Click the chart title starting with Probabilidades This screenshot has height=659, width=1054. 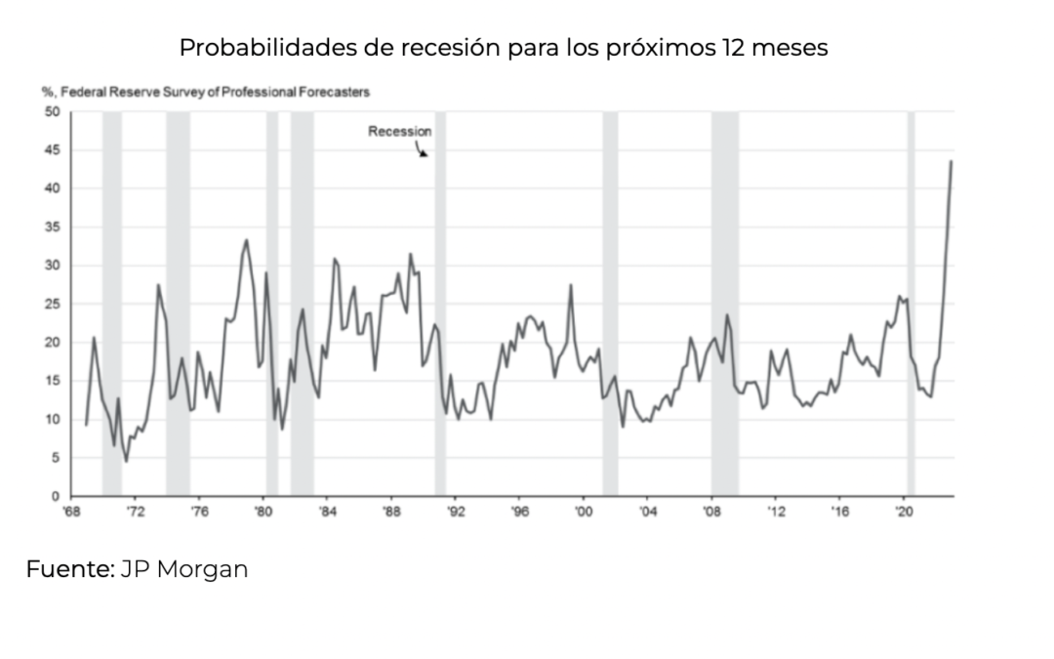click(503, 48)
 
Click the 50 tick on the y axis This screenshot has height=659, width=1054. click(53, 111)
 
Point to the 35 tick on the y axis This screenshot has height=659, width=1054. click(53, 227)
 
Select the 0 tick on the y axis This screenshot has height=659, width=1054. click(57, 496)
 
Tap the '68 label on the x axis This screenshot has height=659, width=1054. click(71, 512)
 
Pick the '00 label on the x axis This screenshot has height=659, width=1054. click(583, 512)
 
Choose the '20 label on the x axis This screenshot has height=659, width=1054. click(903, 512)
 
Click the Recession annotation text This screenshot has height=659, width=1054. click(399, 131)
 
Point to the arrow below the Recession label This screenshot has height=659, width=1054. click(422, 150)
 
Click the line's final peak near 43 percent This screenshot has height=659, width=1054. click(952, 162)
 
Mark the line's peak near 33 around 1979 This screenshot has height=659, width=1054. click(246, 240)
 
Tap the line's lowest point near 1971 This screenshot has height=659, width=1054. click(126, 461)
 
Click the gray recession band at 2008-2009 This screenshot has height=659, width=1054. click(724, 303)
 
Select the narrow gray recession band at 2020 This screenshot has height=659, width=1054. click(911, 303)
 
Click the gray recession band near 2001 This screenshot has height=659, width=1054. click(610, 303)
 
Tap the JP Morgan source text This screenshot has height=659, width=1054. click(184, 569)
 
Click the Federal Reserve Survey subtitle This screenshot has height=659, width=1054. click(205, 92)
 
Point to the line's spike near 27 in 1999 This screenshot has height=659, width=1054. click(571, 285)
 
